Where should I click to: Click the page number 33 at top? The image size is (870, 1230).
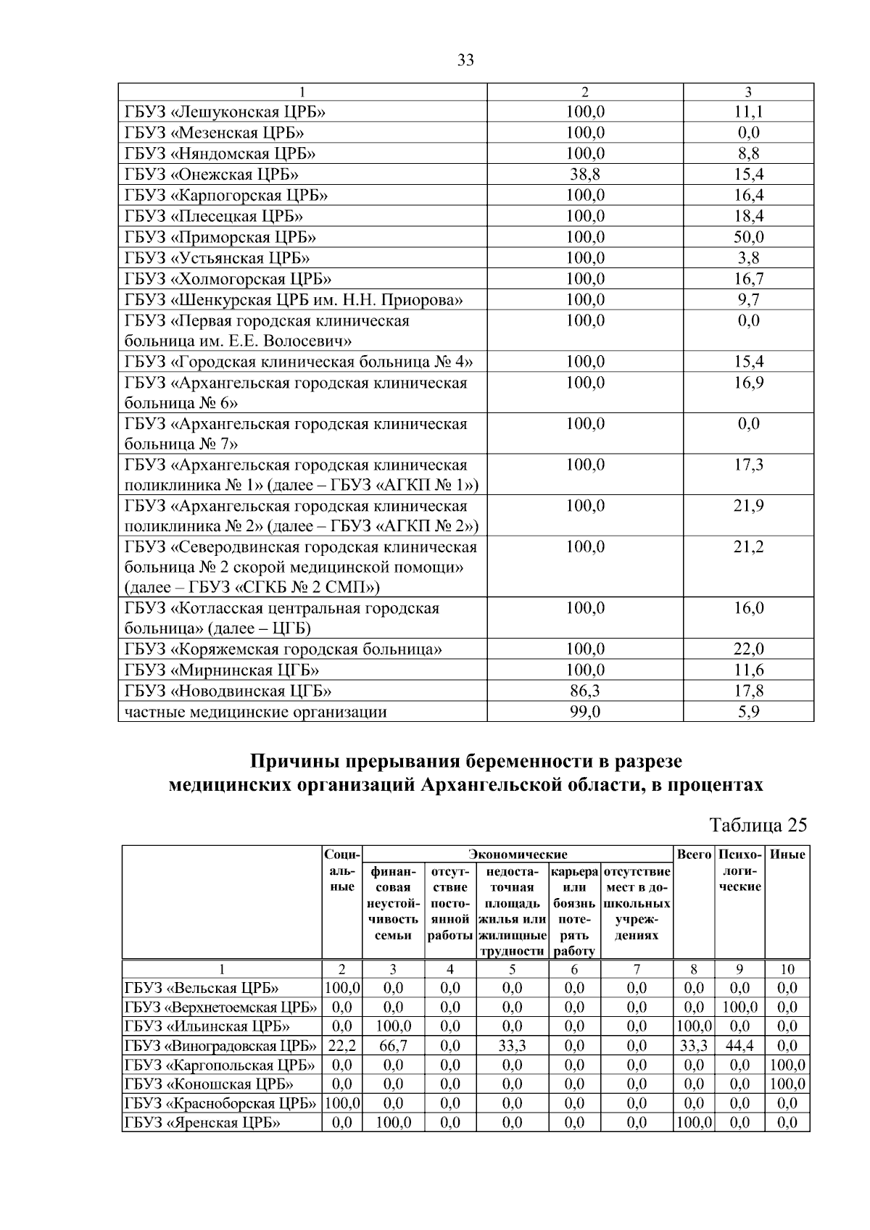point(465,61)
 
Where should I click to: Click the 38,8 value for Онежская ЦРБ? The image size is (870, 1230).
point(584,174)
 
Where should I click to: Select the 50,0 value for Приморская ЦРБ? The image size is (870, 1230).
point(748,237)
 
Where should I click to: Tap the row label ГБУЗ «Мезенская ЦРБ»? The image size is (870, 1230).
point(214,133)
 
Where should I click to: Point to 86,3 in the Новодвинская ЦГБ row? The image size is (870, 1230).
point(584,691)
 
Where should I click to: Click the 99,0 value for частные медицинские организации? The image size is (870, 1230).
point(584,712)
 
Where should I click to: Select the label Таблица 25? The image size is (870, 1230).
point(758,825)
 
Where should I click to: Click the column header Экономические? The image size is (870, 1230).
point(518,855)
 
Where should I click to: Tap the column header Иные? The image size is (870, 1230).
point(787,855)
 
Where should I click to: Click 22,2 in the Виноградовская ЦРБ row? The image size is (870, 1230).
point(341,1046)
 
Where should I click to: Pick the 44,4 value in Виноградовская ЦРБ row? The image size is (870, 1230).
point(739,1046)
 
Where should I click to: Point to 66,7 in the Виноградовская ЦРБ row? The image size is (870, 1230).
point(392,1046)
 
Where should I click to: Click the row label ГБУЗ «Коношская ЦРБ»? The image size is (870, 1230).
point(209,1084)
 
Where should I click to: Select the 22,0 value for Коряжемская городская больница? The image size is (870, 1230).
point(748,649)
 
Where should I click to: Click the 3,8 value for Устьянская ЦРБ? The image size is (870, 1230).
point(748,258)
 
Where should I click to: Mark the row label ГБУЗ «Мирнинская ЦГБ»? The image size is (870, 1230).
point(221,670)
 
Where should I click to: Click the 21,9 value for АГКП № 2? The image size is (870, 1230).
point(748,506)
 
